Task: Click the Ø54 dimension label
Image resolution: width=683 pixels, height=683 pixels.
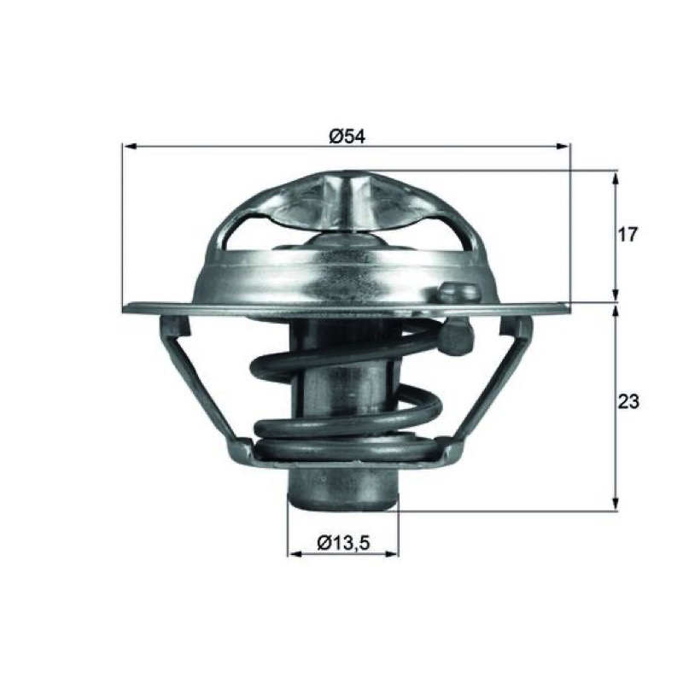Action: pyautogui.click(x=347, y=137)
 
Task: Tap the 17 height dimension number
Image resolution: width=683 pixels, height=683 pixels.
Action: pyautogui.click(x=628, y=235)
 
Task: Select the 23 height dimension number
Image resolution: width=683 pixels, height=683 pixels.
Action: pyautogui.click(x=628, y=401)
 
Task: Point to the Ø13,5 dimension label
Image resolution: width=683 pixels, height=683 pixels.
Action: pyautogui.click(x=343, y=543)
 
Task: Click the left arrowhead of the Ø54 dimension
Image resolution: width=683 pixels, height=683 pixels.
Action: pyautogui.click(x=130, y=147)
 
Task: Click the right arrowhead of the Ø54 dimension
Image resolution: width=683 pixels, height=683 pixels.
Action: pyautogui.click(x=562, y=147)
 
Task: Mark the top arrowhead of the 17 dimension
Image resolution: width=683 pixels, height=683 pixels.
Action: pyautogui.click(x=615, y=178)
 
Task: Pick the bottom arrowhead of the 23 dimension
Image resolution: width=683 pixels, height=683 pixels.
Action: pyautogui.click(x=615, y=503)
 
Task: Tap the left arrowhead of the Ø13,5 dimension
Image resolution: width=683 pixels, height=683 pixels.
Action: pyautogui.click(x=295, y=553)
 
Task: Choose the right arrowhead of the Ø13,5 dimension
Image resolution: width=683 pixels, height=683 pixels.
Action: pyautogui.click(x=391, y=553)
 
